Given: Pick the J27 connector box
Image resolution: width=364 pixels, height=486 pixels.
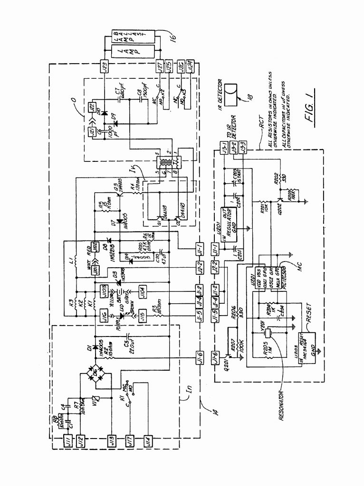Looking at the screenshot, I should [161, 67].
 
